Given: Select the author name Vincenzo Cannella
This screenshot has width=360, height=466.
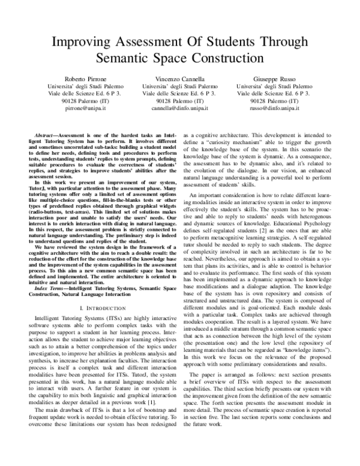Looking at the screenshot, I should (x=179, y=79).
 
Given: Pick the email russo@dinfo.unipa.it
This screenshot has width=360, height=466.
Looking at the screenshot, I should (x=273, y=110).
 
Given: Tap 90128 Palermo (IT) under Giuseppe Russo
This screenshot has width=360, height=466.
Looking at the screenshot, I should (x=273, y=103).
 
